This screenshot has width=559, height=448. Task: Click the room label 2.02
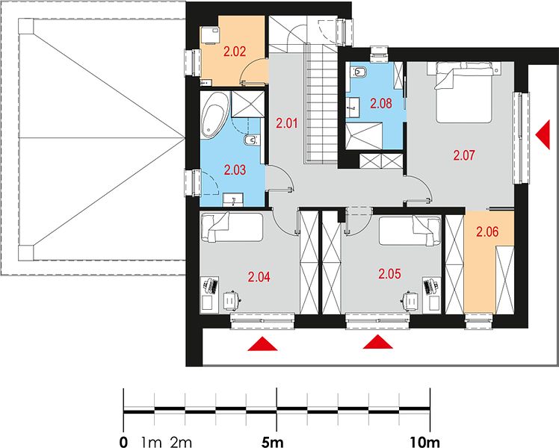coord(235,52)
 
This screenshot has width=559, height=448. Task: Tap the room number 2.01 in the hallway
coord(287,124)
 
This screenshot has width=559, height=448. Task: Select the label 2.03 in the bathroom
coord(235,170)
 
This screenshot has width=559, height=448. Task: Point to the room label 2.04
coord(259,277)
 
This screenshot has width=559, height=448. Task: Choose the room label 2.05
coord(389,274)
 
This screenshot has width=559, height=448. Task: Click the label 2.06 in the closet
coord(487,231)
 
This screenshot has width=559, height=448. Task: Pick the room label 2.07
coord(464,155)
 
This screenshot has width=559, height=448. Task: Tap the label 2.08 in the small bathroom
coord(380,104)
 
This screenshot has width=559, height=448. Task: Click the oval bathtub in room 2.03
coord(214,116)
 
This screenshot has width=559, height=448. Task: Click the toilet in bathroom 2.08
coord(358,72)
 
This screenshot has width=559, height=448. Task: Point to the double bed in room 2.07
coord(464,93)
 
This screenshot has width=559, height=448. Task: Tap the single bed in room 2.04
coord(232,227)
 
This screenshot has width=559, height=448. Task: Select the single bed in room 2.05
coord(410,231)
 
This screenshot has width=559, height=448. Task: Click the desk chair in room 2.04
coord(232,301)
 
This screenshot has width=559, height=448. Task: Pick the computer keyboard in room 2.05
coord(427,286)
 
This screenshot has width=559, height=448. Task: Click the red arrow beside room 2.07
coord(543,134)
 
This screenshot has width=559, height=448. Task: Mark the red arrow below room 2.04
coord(262,343)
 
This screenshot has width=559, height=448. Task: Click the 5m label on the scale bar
coord(272,443)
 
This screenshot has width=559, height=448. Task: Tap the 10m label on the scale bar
coord(424,443)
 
